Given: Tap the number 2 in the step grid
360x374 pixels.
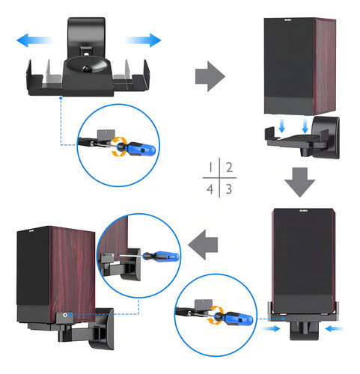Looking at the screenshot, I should click(x=230, y=168).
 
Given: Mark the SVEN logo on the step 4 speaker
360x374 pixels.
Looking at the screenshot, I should click(x=26, y=233).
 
